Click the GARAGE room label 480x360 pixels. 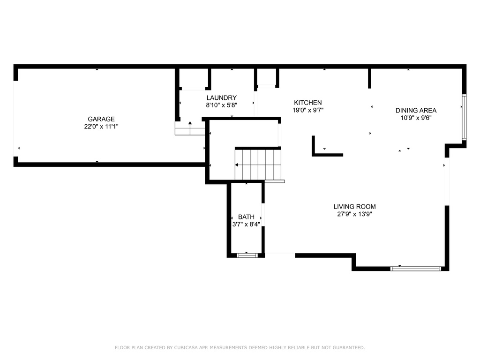[x=101, y=119]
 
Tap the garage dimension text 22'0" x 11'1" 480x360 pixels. [x=101, y=127]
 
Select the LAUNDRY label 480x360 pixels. [x=221, y=97]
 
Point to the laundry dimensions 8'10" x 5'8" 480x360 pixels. [x=221, y=105]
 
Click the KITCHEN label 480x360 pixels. [x=307, y=103]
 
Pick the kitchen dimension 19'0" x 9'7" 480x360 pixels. [x=307, y=110]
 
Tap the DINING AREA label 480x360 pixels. [x=416, y=111]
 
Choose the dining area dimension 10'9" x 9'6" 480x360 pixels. [x=416, y=118]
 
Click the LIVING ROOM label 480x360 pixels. [x=354, y=207]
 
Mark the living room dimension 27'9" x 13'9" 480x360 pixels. [x=354, y=214]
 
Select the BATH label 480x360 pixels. [x=246, y=217]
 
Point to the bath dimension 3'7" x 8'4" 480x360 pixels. [x=246, y=225]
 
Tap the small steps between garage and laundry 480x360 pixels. [x=190, y=128]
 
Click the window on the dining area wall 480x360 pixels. [x=464, y=117]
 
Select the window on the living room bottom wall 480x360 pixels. [x=415, y=269]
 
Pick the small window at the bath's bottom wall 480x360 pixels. [x=247, y=255]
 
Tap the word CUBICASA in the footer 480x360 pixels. [x=186, y=347]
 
